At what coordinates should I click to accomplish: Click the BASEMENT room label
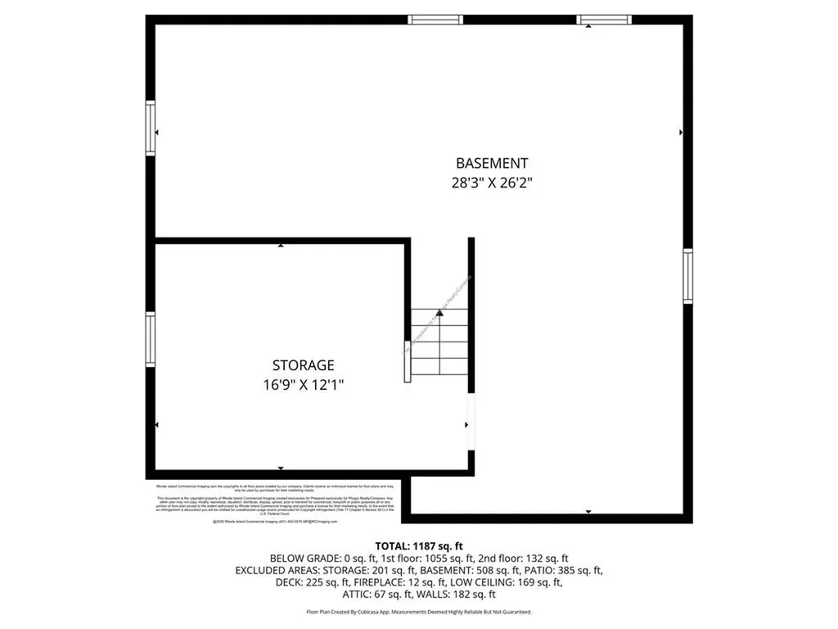492,163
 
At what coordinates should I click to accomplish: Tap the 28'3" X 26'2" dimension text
492,183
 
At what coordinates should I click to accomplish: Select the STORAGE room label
303,365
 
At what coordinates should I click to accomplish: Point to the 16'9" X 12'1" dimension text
303,384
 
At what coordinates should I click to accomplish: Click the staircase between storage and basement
439,344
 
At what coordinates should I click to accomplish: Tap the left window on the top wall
435,20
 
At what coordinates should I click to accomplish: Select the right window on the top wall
603,20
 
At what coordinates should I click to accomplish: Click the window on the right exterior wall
687,277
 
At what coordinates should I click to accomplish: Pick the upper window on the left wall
151,128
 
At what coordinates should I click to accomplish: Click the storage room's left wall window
151,339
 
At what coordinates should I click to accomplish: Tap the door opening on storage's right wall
471,422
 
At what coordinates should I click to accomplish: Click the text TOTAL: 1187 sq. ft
419,545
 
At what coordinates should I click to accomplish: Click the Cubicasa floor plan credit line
419,612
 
